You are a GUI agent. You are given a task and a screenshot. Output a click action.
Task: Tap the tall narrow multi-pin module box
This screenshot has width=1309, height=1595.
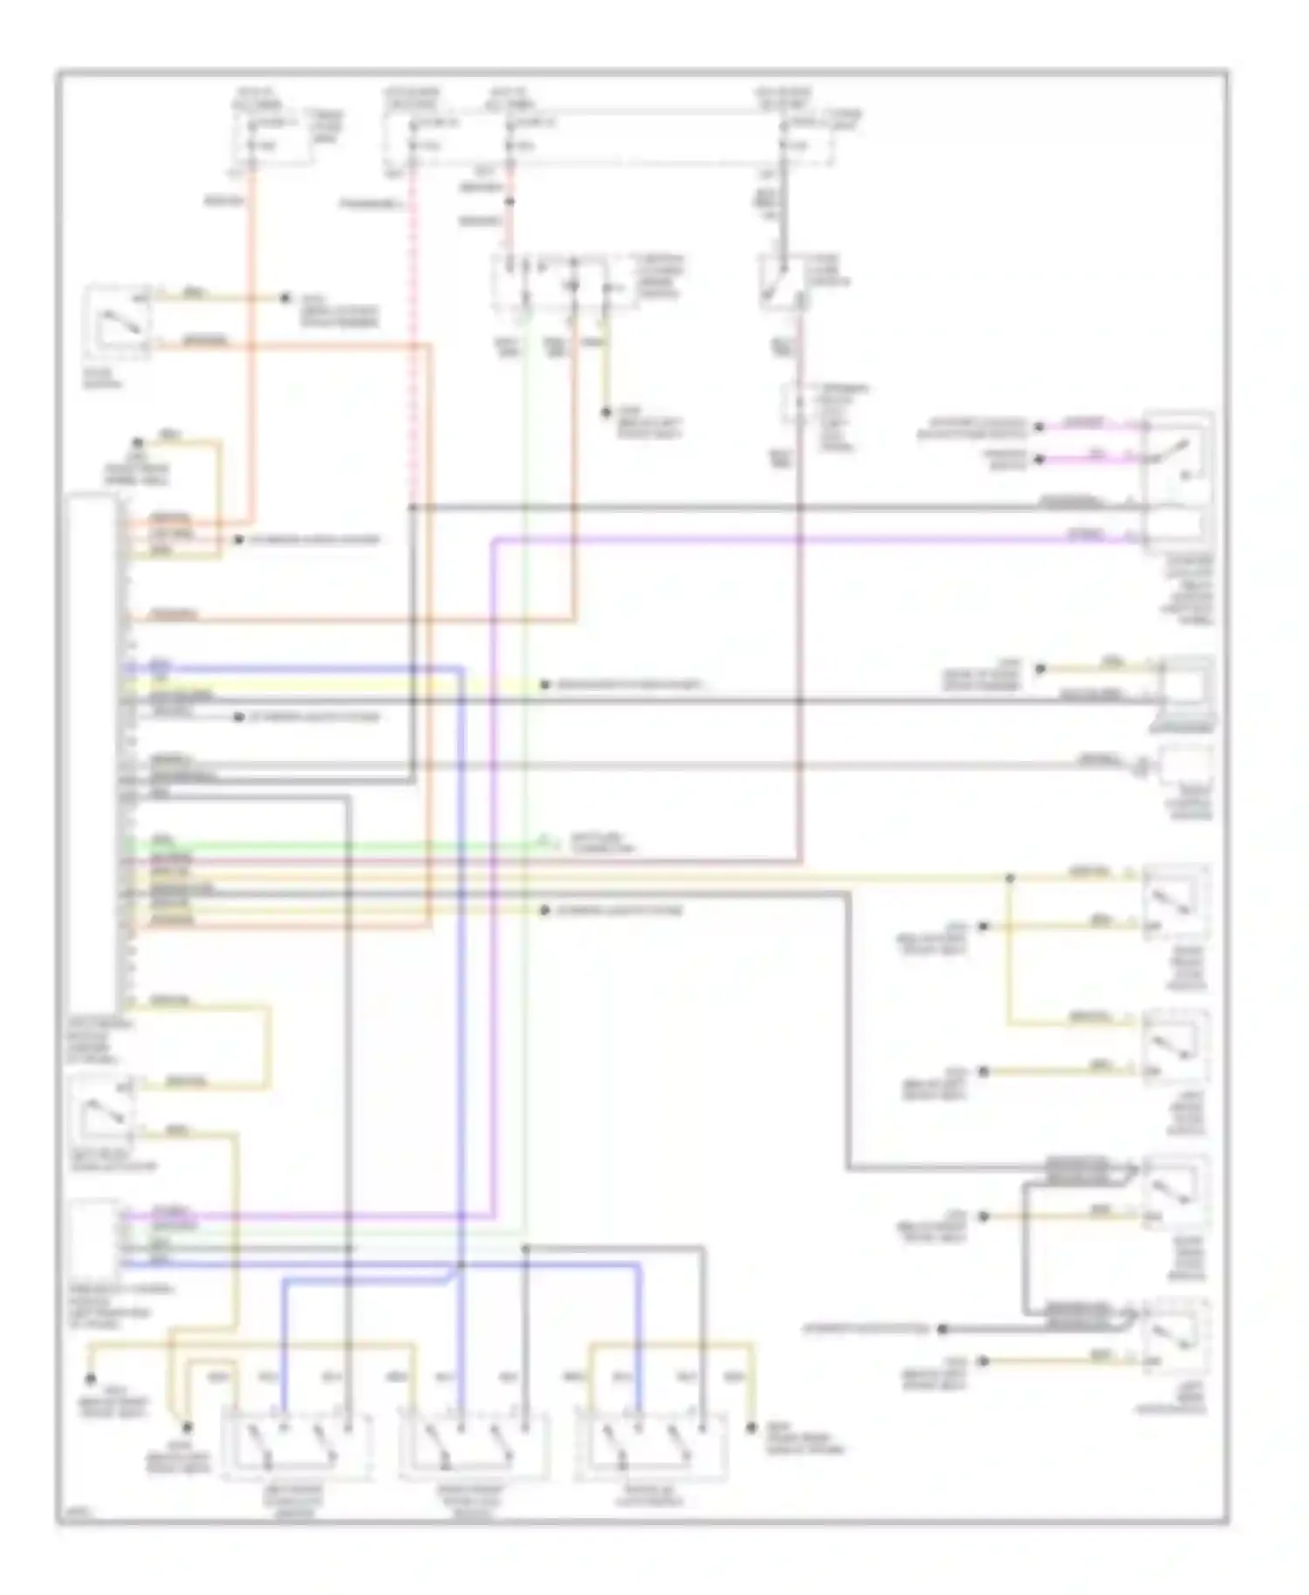93,750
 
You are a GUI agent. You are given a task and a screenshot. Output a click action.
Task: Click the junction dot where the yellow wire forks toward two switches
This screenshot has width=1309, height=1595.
1010,878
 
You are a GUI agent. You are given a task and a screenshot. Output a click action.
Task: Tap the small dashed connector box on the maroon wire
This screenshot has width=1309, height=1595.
797,402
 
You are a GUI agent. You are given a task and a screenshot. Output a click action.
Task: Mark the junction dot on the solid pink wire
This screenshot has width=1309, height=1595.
511,202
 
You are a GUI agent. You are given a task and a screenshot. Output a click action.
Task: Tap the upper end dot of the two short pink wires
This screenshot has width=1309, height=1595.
1038,427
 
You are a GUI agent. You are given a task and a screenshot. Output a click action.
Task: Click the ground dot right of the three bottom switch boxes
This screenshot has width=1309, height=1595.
750,1428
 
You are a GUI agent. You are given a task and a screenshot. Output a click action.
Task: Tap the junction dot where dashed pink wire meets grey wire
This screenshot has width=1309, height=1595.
412,507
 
